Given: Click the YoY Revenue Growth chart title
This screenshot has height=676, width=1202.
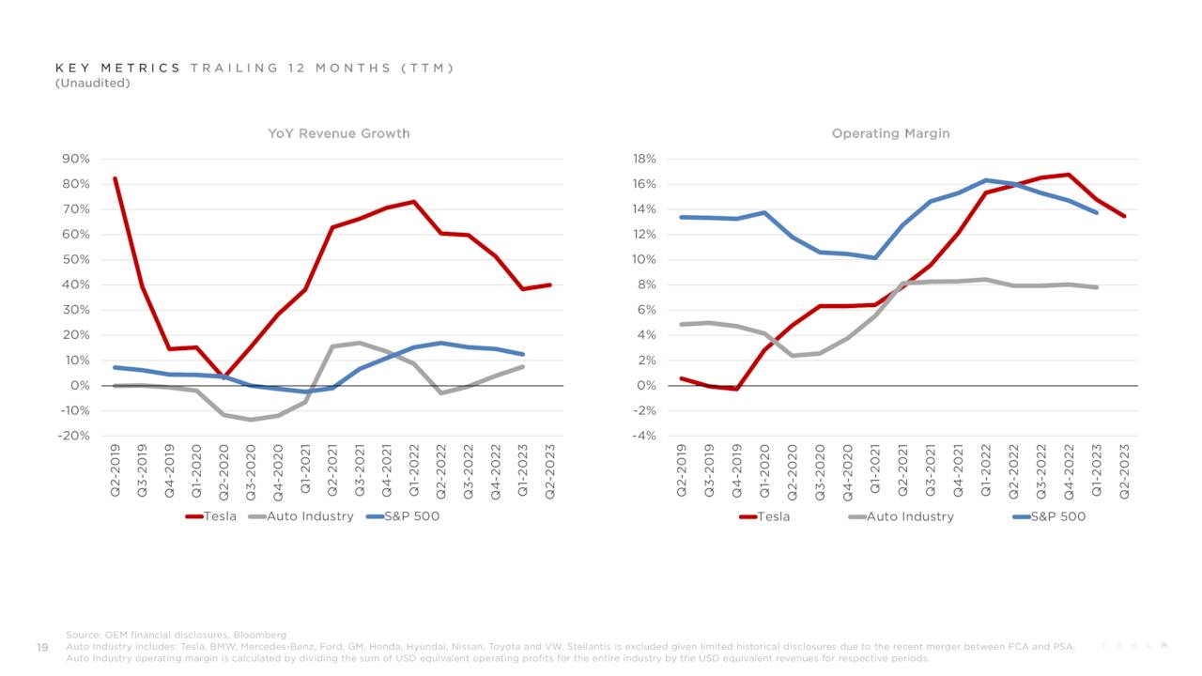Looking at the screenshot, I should tap(338, 133).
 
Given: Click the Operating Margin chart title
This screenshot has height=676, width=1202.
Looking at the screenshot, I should tap(890, 133).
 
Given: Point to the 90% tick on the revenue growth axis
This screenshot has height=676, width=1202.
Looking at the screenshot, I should tap(75, 159).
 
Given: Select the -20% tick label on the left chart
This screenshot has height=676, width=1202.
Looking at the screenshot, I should tap(73, 436).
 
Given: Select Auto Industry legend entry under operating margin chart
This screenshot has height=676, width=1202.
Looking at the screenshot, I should tap(909, 516).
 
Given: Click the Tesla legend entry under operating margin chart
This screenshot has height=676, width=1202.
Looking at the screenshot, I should tap(773, 516).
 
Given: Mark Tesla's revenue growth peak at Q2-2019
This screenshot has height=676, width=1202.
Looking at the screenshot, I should tap(115, 178).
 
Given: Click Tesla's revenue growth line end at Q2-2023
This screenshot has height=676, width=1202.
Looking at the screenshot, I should tap(550, 284).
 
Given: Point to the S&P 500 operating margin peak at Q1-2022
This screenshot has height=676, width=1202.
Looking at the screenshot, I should tap(986, 180).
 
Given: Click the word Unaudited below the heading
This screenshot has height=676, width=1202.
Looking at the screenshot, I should tap(92, 83).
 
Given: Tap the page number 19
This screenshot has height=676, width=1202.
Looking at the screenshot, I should tap(42, 646).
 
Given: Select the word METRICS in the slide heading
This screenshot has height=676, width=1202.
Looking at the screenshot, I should tap(143, 68).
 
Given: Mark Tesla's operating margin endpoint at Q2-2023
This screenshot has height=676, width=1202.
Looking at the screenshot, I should tap(1123, 216).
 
